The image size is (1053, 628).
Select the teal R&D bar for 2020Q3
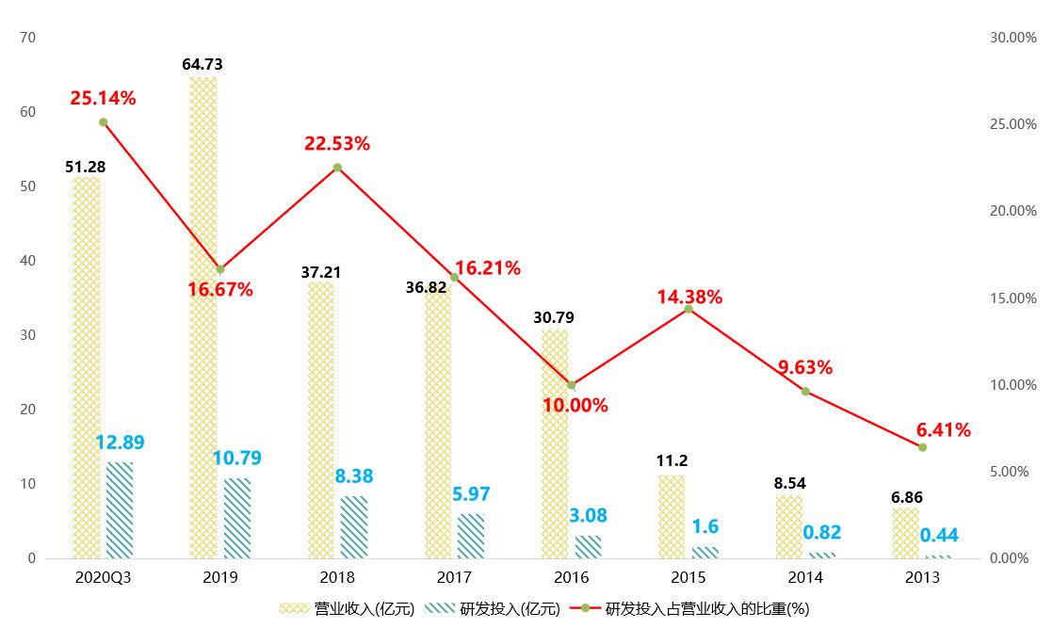coord(120,509)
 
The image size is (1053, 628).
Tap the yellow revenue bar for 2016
coord(555,443)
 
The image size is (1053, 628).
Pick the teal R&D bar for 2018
coord(354,526)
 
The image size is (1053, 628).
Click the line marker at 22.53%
coord(337,168)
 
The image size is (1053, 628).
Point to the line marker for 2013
coord(922,447)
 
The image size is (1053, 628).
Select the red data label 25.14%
coord(103,98)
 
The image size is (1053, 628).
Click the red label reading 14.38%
coord(689,298)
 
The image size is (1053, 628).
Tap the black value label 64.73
coord(202,64)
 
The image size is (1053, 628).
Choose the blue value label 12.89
coord(120,443)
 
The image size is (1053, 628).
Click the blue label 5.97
coord(471,493)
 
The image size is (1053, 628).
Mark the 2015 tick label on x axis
coord(688,577)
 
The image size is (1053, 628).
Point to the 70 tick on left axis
coord(27,38)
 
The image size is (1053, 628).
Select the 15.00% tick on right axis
coord(1012,298)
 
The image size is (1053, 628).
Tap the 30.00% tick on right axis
coord(1012,38)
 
